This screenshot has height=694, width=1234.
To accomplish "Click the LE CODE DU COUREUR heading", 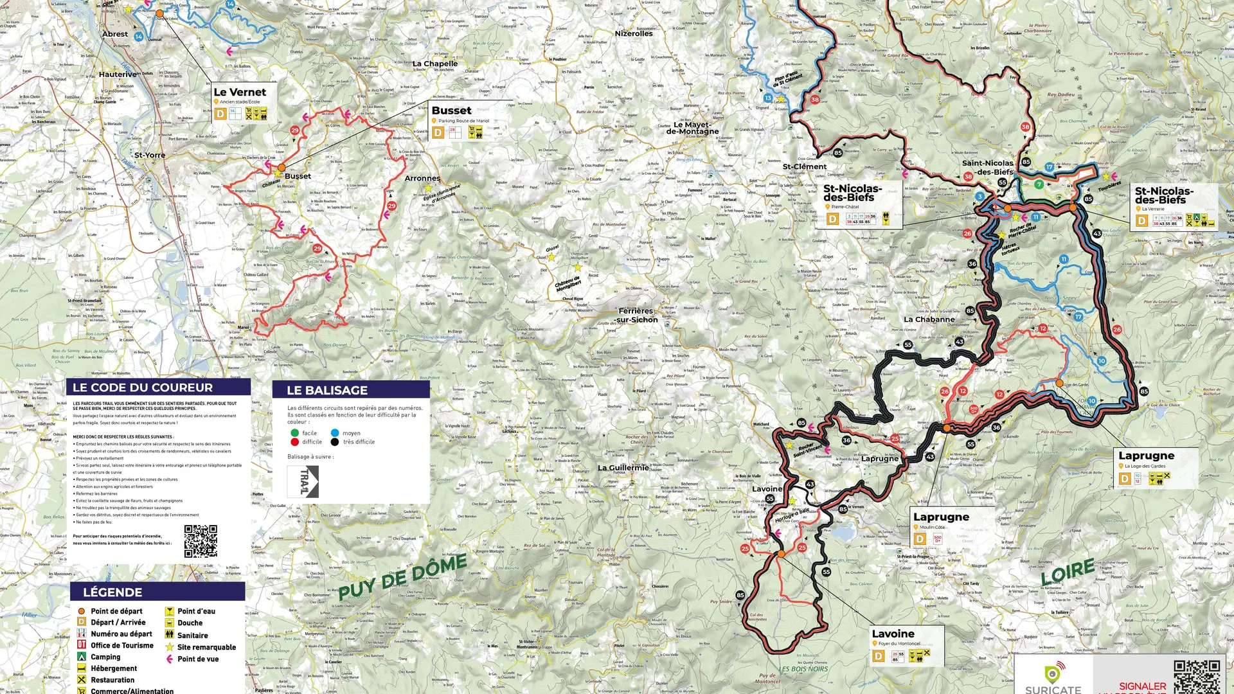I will pos(142,387).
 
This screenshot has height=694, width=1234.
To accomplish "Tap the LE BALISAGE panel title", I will pos(326,390).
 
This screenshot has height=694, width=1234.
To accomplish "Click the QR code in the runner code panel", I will pos(201,541).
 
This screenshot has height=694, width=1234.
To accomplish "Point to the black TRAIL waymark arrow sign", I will pos(303,481).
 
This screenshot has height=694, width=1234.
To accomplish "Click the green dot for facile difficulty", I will pos(294,433).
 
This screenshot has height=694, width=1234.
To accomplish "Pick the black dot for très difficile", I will pos(335,442).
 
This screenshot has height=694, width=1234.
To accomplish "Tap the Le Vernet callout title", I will pos(239,92).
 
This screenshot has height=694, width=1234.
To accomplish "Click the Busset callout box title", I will pos(451,111).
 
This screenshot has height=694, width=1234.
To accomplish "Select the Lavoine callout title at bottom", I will pos(893,634).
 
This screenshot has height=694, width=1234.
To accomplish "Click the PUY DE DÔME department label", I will pos(403,576).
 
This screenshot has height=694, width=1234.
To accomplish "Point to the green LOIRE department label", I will pos(1068,571).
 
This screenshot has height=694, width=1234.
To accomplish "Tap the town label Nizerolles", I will pos(633,33).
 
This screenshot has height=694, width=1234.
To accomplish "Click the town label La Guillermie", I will pos(623,467).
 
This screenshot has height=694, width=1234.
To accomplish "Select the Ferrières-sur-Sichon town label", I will pos(637,315).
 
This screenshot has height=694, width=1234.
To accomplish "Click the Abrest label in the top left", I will pos(115,34).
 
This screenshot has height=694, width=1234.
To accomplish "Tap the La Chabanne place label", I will pos(929,319).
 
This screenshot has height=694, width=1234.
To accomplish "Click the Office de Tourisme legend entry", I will pos(121,645).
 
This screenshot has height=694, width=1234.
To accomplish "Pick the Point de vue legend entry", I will pos(197,659).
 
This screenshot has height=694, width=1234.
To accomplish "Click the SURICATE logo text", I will pos(1053,689).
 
